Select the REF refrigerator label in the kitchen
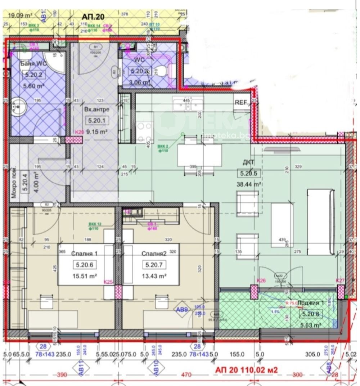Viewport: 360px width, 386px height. coord(240,102)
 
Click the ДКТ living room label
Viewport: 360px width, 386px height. coord(248,162)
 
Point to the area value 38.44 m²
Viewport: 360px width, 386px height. coord(248,184)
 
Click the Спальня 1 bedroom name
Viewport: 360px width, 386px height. coord(84,253)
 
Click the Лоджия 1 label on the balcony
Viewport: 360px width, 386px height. coord(311,303)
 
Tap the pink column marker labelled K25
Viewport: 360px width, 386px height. coord(118,292)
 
